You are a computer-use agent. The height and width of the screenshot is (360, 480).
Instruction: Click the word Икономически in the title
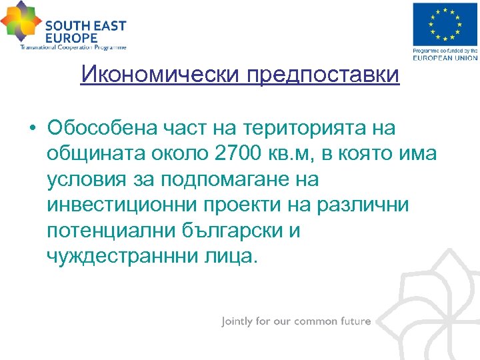pyautogui.click(x=160, y=75)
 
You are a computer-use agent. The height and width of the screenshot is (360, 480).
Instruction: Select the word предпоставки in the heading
pyautogui.click(x=323, y=75)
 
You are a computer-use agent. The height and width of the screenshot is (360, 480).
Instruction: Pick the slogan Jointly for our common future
pyautogui.click(x=296, y=321)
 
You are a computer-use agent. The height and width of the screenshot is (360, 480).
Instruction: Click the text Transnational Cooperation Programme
pyautogui.click(x=73, y=47)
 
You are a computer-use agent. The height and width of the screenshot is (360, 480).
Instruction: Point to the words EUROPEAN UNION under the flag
pyautogui.click(x=445, y=57)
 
